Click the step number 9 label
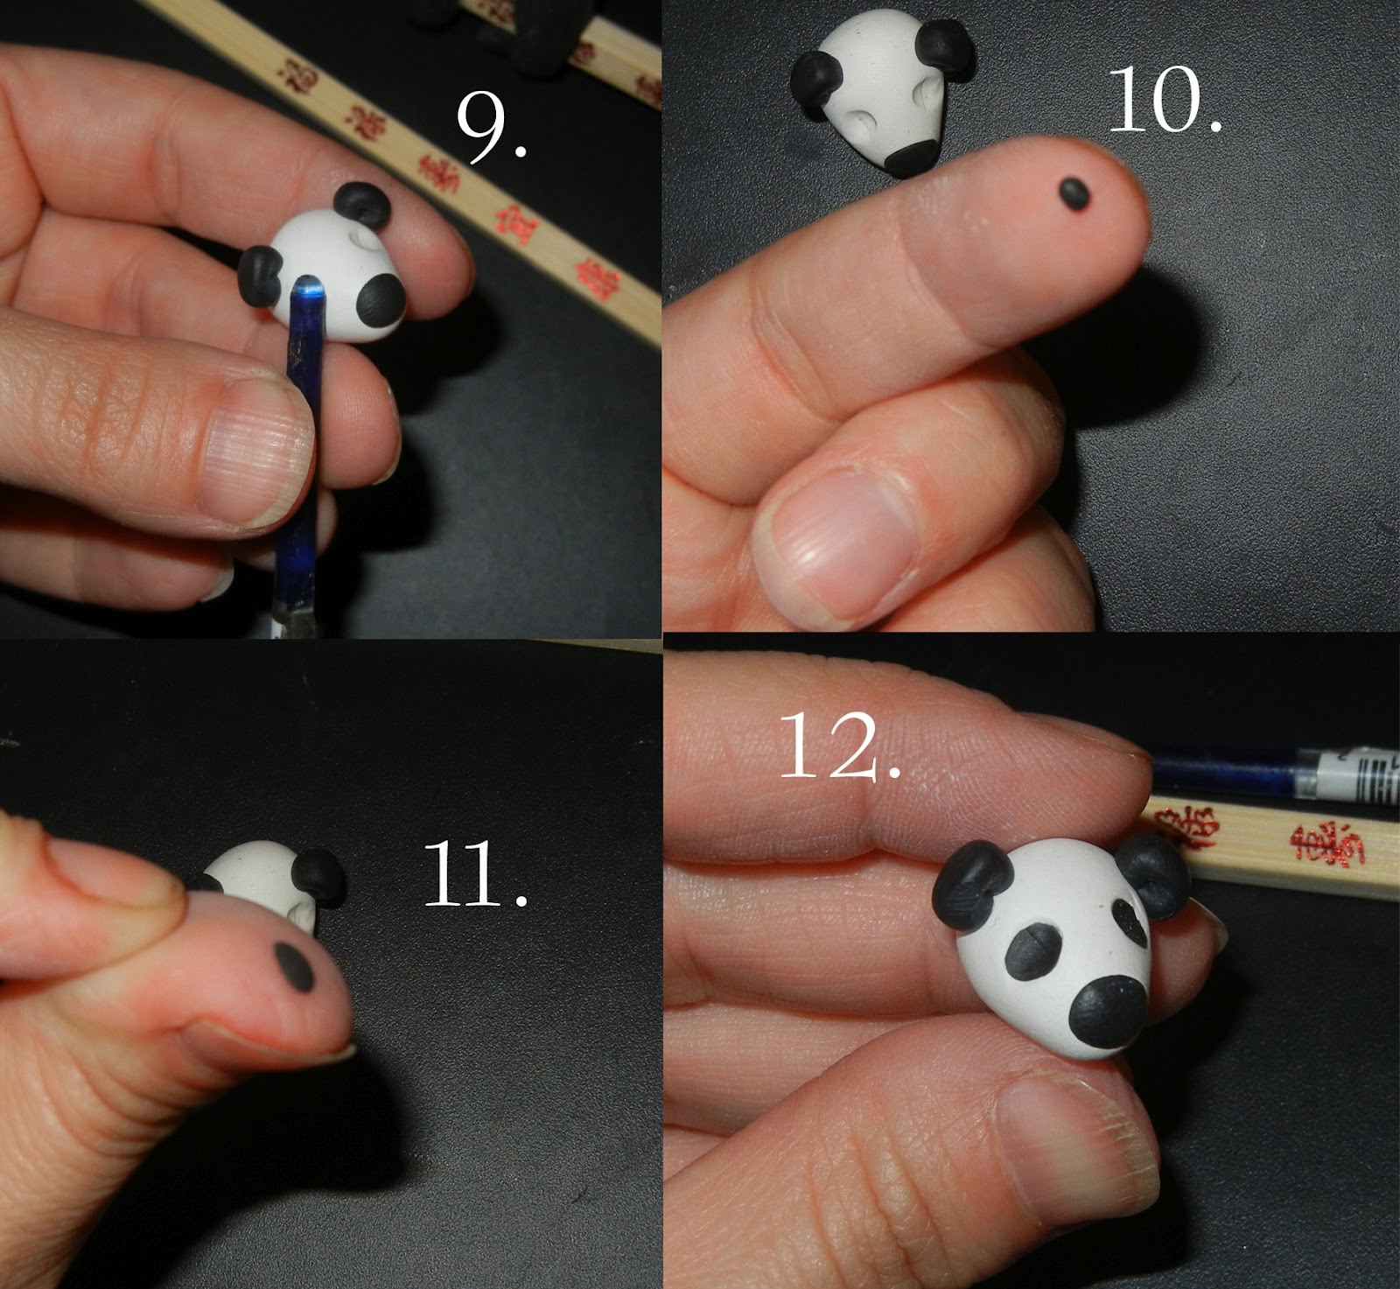click(x=490, y=129)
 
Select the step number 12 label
click(x=838, y=746)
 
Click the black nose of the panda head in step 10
click(x=912, y=157)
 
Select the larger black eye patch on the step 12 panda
click(x=1036, y=953)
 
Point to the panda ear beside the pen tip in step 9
click(x=261, y=275)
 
